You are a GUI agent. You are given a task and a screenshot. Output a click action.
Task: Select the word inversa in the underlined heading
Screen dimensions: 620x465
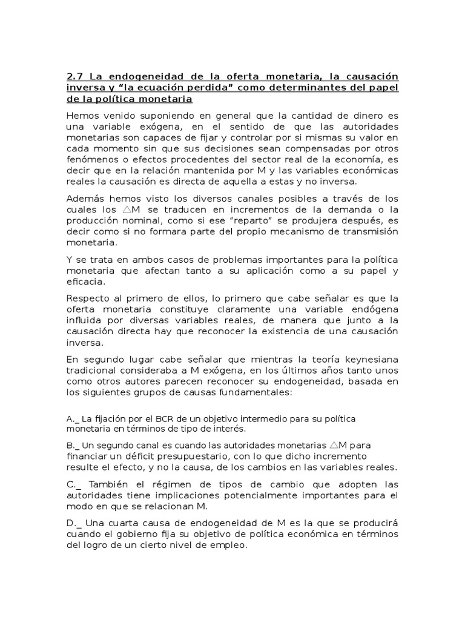pyautogui.click(x=82, y=87)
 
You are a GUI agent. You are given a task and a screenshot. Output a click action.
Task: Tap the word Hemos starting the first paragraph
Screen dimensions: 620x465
pyautogui.click(x=81, y=114)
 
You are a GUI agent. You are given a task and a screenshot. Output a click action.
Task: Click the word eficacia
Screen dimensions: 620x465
pyautogui.click(x=84, y=282)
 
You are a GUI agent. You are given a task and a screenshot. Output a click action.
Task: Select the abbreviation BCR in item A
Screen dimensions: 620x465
pyautogui.click(x=164, y=419)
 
